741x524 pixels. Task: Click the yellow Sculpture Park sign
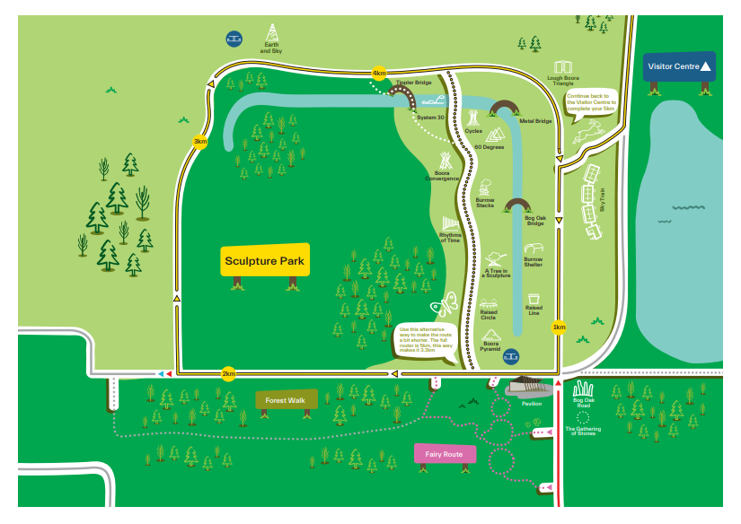[265, 261]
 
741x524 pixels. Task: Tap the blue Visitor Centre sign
[680, 66]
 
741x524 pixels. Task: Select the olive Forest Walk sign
[286, 400]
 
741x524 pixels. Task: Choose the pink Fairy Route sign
[445, 454]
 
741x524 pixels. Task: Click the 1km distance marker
[560, 327]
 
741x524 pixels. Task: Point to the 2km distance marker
[228, 373]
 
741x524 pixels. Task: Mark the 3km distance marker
[200, 142]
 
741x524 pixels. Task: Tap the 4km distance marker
[379, 73]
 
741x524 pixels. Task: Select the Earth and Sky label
[271, 51]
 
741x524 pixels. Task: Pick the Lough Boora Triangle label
[564, 81]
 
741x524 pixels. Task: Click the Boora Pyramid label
[490, 346]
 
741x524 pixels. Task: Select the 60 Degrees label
[490, 146]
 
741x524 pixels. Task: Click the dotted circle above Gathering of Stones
[583, 416]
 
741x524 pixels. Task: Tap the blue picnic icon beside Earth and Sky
[234, 39]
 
